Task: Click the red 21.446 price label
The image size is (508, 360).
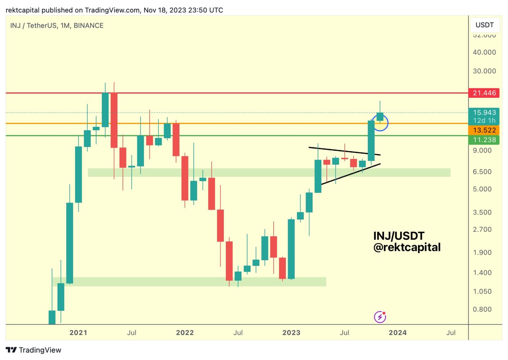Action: (x=484, y=93)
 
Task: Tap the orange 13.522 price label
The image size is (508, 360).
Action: (x=484, y=130)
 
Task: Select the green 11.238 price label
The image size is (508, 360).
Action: (x=484, y=140)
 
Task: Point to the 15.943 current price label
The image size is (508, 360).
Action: (x=484, y=112)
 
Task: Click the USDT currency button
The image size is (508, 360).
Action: (x=485, y=25)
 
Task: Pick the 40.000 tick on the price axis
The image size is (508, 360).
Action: (x=484, y=52)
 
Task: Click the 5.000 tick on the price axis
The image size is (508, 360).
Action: (x=482, y=189)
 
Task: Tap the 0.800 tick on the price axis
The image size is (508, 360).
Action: (x=482, y=309)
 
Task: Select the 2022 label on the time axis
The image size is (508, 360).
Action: (x=185, y=333)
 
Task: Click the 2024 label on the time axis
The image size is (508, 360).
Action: (x=398, y=333)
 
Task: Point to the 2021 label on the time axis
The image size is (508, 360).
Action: (x=78, y=333)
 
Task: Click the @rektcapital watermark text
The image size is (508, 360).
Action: (x=407, y=247)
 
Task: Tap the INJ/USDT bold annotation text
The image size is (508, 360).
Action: (x=399, y=236)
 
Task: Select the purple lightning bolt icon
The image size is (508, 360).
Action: (x=380, y=317)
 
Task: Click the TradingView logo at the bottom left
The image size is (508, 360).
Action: (x=33, y=350)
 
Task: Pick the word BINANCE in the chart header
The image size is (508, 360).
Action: (x=89, y=25)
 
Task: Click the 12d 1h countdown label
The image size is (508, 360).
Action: (x=484, y=121)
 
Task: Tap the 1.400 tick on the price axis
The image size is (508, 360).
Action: (x=482, y=273)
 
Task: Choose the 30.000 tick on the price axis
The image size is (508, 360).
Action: (x=484, y=71)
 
